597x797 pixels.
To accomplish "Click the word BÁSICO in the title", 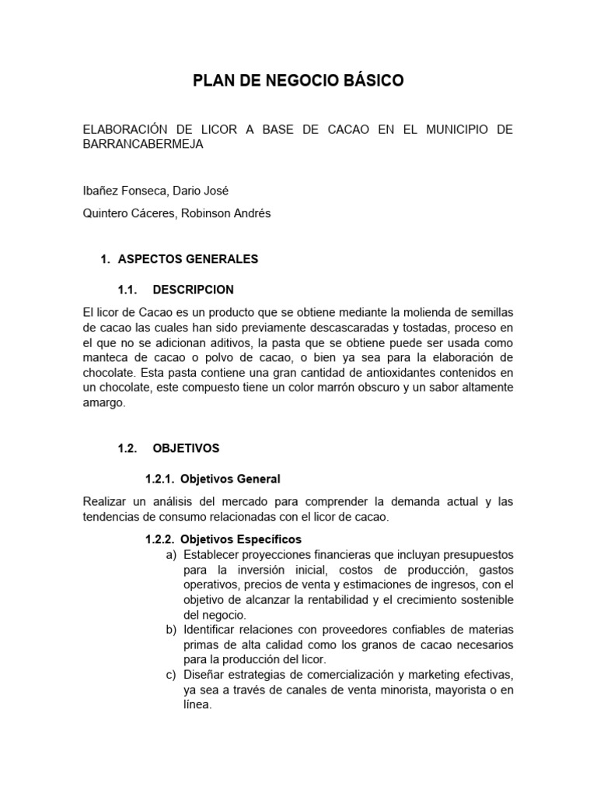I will pos(368,81).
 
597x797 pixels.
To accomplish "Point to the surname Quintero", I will pos(107,213).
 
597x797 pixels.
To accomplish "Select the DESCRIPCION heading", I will pos(193,290).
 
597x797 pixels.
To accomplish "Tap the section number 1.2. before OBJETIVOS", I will pos(127,448).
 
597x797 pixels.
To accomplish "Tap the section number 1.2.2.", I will pos(162,539).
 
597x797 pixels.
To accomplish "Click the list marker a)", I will pos(171,554).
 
